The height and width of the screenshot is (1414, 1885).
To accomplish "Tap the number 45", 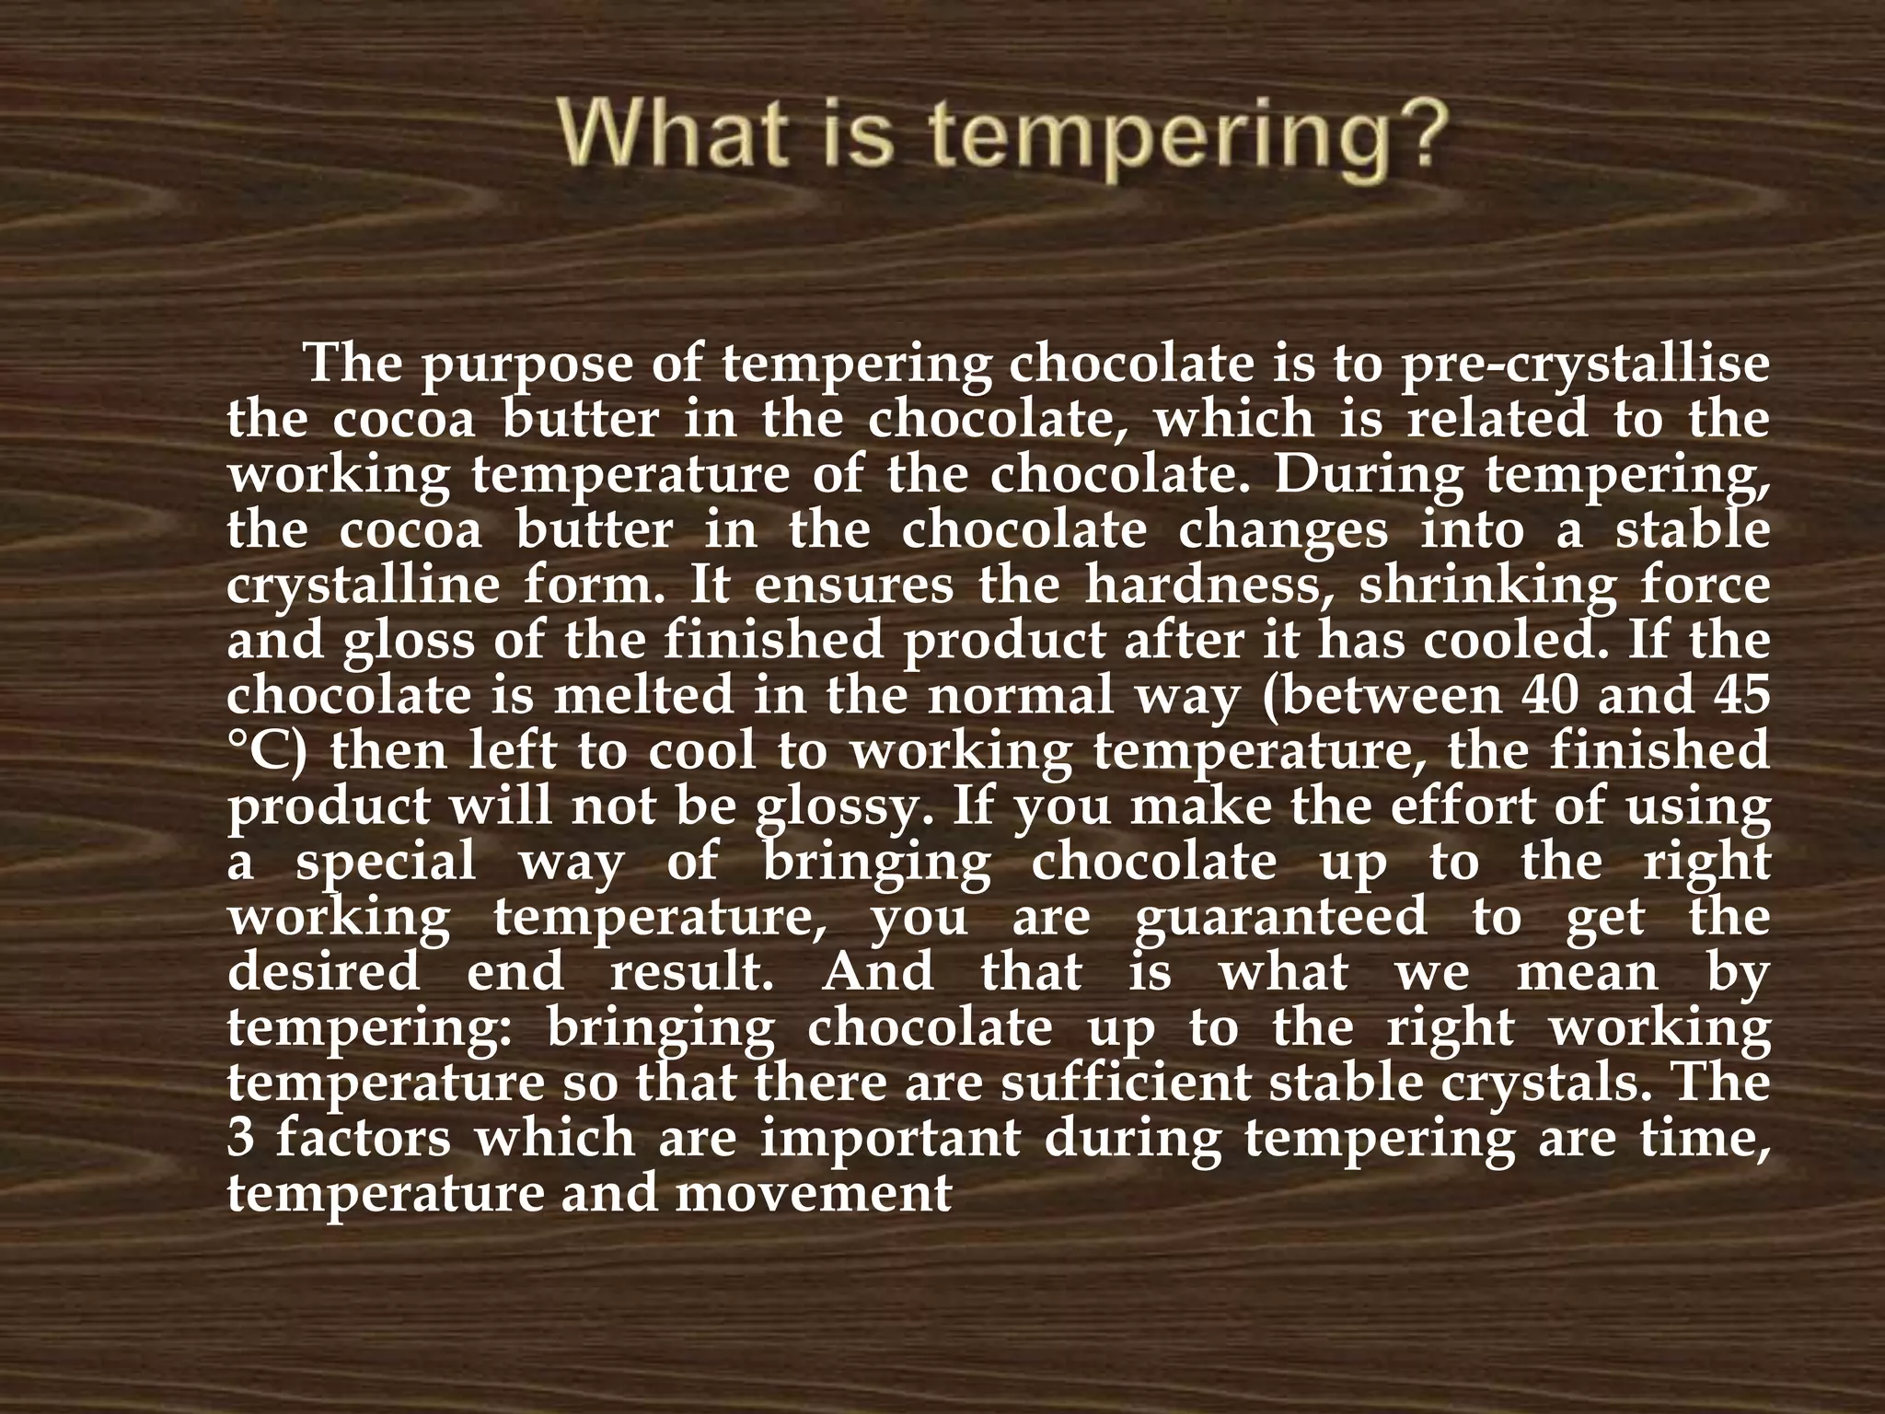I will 1740,696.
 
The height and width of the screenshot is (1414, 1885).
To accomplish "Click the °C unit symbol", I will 267,751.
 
